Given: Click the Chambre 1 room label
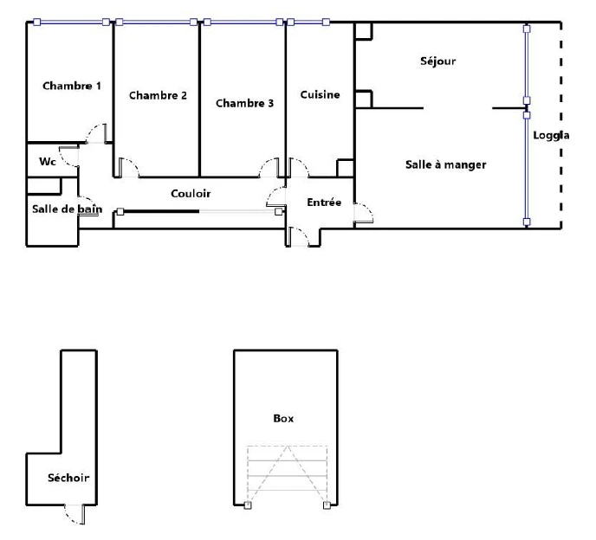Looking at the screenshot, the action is [x=72, y=86].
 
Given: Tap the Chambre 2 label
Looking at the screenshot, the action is [x=159, y=95].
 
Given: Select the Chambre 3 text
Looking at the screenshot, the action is [x=245, y=103].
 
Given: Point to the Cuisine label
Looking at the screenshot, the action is [x=320, y=94].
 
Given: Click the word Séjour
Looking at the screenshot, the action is [x=437, y=61].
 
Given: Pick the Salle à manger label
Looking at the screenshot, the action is [x=446, y=164].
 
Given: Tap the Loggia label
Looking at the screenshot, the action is [x=551, y=136].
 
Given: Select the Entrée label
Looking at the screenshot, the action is [x=324, y=202].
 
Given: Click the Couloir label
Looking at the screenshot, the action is [x=191, y=194].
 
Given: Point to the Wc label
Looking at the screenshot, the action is [x=48, y=162].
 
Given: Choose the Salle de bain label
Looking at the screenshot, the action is [x=68, y=209].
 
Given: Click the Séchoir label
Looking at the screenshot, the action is [x=68, y=478].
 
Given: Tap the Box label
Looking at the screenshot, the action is [x=283, y=419].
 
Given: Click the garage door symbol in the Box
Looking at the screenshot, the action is [x=288, y=475].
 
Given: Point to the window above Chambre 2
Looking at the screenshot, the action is [x=157, y=22].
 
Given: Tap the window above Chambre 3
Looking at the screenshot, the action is [x=243, y=22].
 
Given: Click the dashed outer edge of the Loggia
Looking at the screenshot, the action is [x=561, y=125].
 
